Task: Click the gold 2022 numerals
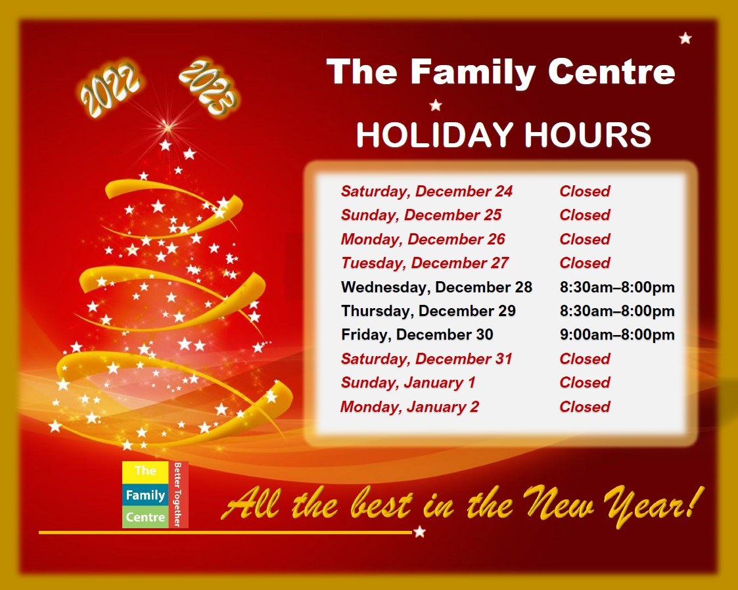click(110, 87)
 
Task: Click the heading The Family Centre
click(501, 72)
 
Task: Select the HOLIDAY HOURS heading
click(503, 135)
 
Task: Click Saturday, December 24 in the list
click(427, 191)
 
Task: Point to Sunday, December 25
click(421, 215)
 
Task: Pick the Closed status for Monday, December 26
click(585, 239)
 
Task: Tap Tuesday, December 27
click(425, 263)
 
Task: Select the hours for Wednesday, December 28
click(617, 287)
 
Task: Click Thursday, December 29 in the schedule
click(428, 311)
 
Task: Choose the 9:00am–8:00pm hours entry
click(617, 334)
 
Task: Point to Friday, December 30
click(417, 334)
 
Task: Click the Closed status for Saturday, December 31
click(585, 359)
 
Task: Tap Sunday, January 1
click(407, 382)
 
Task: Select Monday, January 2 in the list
click(409, 407)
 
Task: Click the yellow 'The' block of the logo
click(145, 471)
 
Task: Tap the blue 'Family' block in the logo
click(145, 495)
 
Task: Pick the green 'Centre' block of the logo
click(145, 517)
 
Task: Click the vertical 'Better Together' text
click(177, 494)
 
